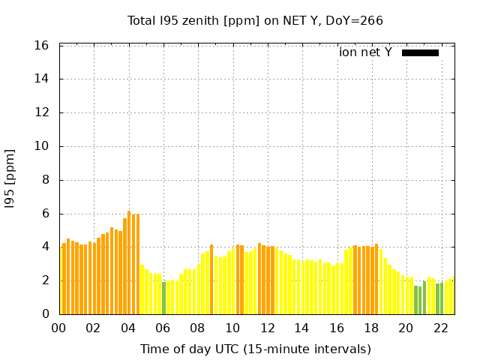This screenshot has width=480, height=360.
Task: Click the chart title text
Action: pyautogui.click(x=255, y=21)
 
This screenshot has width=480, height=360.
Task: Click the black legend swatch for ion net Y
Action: pyautogui.click(x=420, y=52)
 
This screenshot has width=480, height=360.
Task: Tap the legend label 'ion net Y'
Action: pyautogui.click(x=365, y=52)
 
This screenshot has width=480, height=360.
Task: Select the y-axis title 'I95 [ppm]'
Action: pyautogui.click(x=10, y=180)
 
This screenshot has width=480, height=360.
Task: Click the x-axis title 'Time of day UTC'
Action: pyautogui.click(x=255, y=349)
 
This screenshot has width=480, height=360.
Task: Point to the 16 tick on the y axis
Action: pyautogui.click(x=43, y=46)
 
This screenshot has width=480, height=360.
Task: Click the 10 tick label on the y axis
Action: pyautogui.click(x=43, y=146)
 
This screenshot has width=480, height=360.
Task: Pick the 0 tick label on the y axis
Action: pyautogui.click(x=46, y=314)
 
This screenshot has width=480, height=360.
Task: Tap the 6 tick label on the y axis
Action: pyautogui.click(x=46, y=214)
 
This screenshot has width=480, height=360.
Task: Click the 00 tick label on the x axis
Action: pyautogui.click(x=59, y=328)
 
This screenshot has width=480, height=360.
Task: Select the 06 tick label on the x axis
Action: pyautogui.click(x=163, y=328)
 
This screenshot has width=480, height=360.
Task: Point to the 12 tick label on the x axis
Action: pyautogui.click(x=267, y=328)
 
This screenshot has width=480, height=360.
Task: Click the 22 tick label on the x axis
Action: pyautogui.click(x=440, y=328)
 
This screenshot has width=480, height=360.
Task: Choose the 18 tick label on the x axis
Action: pyautogui.click(x=371, y=328)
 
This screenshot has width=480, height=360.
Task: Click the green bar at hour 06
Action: pyautogui.click(x=163, y=298)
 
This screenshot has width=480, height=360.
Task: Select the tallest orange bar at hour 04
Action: pyautogui.click(x=129, y=262)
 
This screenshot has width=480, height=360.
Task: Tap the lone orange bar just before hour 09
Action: pyautogui.click(x=211, y=279)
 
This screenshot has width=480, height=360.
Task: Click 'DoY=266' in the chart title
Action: pyautogui.click(x=354, y=21)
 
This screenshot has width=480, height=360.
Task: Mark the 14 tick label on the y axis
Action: pyautogui.click(x=43, y=79)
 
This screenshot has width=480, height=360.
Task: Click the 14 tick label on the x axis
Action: pyautogui.click(x=301, y=328)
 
